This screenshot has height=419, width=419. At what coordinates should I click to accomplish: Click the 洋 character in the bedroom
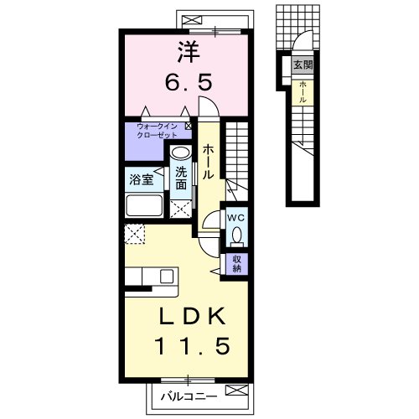click(x=189, y=52)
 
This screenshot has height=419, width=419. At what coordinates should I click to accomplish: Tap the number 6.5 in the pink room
click(x=189, y=82)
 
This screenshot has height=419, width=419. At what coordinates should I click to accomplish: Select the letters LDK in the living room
click(x=192, y=316)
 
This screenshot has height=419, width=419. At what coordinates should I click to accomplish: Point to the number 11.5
click(x=193, y=346)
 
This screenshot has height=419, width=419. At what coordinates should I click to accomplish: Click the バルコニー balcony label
click(x=189, y=396)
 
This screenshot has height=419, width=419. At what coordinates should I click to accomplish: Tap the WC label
click(x=236, y=218)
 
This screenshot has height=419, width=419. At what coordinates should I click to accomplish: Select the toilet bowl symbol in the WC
click(x=237, y=235)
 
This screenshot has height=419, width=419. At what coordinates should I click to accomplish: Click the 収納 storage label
click(x=236, y=264)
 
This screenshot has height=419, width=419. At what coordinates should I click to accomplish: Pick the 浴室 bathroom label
click(x=141, y=179)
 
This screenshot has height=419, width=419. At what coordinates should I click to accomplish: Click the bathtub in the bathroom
click(x=144, y=205)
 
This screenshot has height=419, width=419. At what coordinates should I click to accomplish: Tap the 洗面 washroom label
click(x=181, y=178)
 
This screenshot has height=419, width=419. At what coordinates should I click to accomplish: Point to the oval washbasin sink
click(x=180, y=153)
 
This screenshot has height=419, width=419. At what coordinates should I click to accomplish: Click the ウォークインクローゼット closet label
click(x=157, y=131)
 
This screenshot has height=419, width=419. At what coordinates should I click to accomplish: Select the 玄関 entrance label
click(x=303, y=65)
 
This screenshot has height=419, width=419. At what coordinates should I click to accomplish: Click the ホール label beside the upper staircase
click(x=208, y=162)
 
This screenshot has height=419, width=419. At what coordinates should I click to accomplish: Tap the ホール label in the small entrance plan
click(x=303, y=92)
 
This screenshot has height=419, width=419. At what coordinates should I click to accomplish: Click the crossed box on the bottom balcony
click(x=236, y=390)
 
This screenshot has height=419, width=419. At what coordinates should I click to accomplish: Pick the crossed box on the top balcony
click(x=192, y=20)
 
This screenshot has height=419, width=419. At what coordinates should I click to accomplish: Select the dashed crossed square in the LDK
click(x=135, y=234)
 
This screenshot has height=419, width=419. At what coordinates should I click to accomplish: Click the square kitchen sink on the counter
click(x=167, y=277)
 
